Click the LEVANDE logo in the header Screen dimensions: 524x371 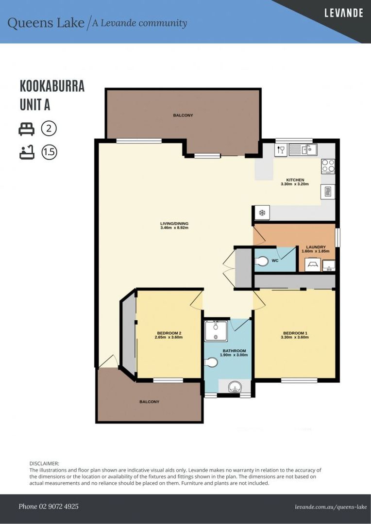click(x=343, y=13)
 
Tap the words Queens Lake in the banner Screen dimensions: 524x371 click(x=46, y=23)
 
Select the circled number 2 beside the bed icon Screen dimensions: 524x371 click(x=49, y=129)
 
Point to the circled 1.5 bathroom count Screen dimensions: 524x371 click(x=49, y=152)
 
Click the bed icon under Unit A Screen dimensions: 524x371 click(x=26, y=129)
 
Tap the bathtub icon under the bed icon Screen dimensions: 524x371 click(x=26, y=152)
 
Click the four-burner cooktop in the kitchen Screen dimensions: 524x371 click(x=328, y=166)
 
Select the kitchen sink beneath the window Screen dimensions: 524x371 click(x=303, y=149)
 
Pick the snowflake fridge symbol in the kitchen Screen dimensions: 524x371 click(x=262, y=213)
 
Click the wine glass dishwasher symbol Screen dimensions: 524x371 click(x=281, y=150)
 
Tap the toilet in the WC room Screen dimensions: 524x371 click(x=262, y=262)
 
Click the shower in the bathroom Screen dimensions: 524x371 click(x=213, y=331)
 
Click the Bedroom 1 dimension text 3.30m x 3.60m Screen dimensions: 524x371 click(x=295, y=338)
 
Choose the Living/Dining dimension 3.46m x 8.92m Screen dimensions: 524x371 click(x=174, y=228)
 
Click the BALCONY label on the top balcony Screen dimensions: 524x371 click(x=183, y=115)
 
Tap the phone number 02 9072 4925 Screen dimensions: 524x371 click(x=49, y=507)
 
